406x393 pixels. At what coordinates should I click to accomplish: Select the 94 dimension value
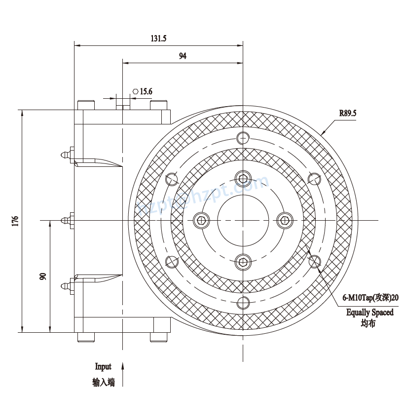(183, 56)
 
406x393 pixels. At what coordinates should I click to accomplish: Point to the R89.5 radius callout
(347, 113)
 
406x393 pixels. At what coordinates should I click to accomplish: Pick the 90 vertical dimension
(43, 276)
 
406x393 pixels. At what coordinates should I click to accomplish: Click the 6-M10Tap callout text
(370, 298)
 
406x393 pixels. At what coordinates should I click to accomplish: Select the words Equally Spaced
(370, 312)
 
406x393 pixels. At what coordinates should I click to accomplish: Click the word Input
(103, 366)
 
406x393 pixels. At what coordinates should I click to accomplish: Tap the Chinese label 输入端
(103, 382)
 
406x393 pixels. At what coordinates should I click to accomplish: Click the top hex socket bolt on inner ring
(243, 178)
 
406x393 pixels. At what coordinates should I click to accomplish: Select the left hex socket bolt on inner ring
(201, 220)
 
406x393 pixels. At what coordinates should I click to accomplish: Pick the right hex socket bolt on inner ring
(285, 220)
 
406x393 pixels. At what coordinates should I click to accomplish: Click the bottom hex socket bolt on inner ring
(243, 262)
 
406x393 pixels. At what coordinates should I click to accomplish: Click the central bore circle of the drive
(243, 220)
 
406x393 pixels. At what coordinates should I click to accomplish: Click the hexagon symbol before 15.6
(135, 91)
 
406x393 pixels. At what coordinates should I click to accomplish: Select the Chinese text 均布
(368, 324)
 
